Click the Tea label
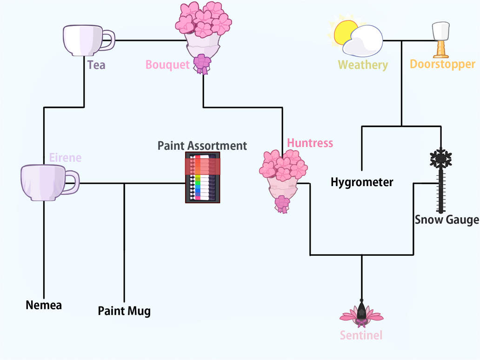click(x=96, y=65)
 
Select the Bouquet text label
click(x=167, y=65)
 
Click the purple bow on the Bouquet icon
click(x=202, y=63)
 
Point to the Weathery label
click(x=363, y=65)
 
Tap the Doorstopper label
click(x=442, y=64)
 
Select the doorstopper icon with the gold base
click(x=440, y=40)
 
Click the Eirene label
click(x=65, y=158)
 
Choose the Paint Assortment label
click(x=202, y=146)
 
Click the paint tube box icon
click(x=203, y=178)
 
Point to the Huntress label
click(x=310, y=143)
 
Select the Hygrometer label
click(x=362, y=182)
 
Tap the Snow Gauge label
click(x=447, y=220)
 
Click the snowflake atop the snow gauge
click(x=440, y=159)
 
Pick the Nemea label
click(x=44, y=305)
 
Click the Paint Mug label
click(x=124, y=311)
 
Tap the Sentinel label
click(x=361, y=335)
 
